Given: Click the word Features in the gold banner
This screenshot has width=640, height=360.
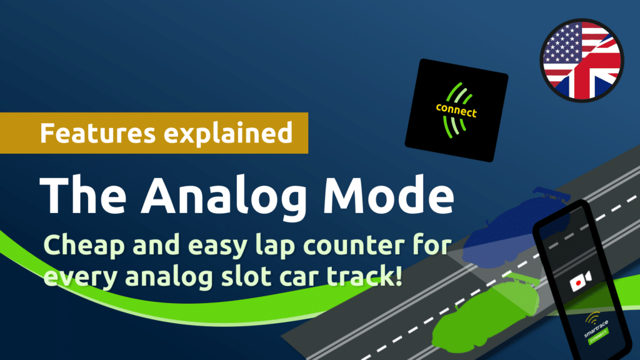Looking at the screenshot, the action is [x=98, y=132].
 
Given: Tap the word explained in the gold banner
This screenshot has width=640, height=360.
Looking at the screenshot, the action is [x=228, y=134].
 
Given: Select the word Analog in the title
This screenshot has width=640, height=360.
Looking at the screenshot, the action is [x=224, y=196].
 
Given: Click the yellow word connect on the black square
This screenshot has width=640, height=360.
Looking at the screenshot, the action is [x=456, y=110].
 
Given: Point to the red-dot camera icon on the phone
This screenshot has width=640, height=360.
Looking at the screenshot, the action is [x=581, y=281].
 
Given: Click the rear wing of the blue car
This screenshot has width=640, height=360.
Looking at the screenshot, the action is [x=551, y=194].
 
